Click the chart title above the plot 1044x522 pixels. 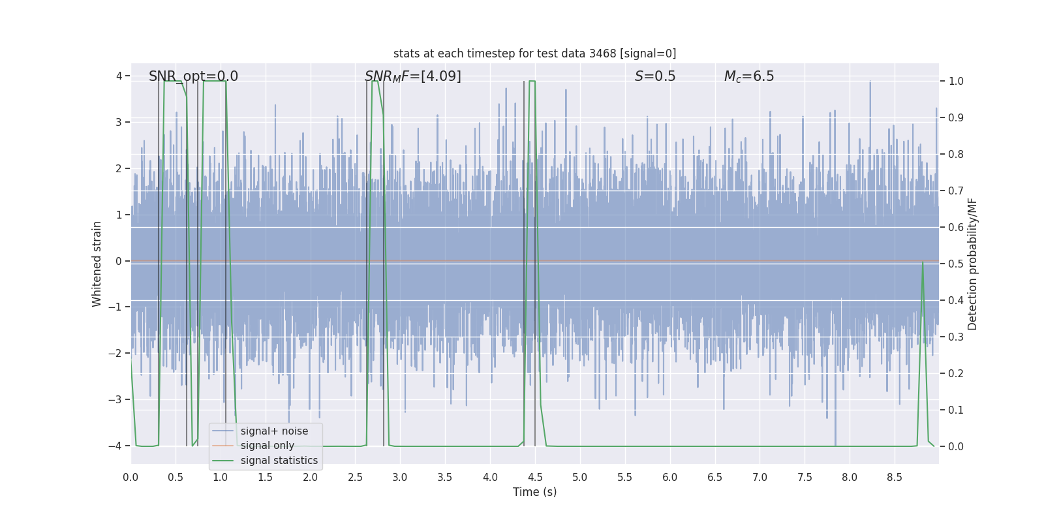tap(534, 54)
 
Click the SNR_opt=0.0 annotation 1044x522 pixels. tap(193, 76)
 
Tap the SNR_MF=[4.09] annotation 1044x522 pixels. tap(412, 76)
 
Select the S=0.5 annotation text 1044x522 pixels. tap(655, 76)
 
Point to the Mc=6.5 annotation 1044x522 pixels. tap(749, 76)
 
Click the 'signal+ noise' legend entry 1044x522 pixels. tap(274, 431)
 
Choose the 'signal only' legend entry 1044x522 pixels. tap(267, 446)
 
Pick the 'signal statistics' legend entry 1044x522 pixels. tap(279, 461)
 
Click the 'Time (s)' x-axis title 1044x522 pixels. tap(534, 492)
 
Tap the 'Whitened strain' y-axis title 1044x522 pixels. tap(97, 264)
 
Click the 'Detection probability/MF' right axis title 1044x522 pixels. tap(972, 264)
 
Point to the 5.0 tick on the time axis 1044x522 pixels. tap(580, 477)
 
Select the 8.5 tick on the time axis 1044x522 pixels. tap(895, 477)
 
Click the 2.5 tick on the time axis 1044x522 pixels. tap(355, 477)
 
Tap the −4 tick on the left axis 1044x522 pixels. tap(118, 446)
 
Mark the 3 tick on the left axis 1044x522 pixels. tap(119, 123)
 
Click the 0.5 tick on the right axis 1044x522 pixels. tap(956, 264)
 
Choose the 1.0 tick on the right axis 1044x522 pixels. tap(956, 82)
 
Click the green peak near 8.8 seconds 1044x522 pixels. tap(923, 263)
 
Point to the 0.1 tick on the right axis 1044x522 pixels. tap(956, 410)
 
